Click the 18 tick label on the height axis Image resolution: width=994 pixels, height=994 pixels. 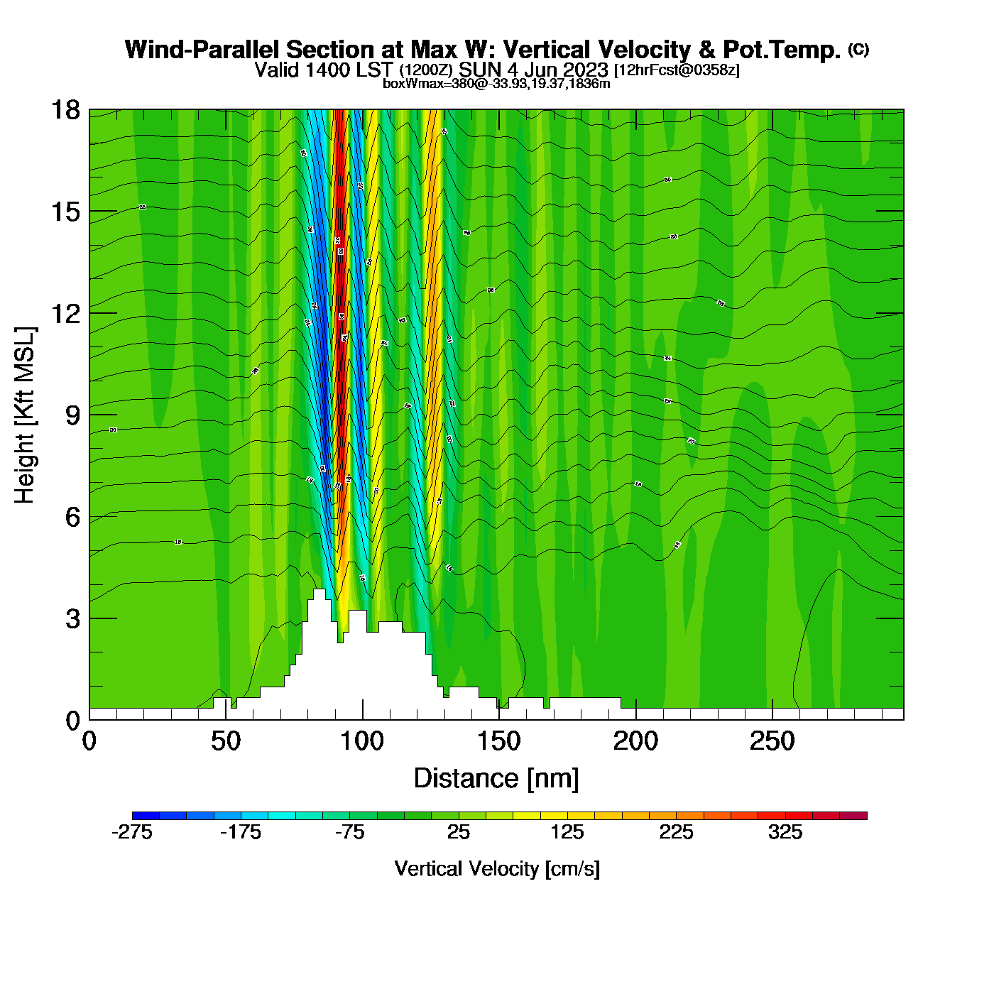(x=65, y=110)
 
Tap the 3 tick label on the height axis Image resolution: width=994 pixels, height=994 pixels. (x=72, y=619)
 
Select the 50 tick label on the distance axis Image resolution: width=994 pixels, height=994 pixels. (x=226, y=742)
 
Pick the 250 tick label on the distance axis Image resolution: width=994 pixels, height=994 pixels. (x=772, y=742)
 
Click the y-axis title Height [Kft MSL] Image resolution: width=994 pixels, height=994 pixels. (x=25, y=415)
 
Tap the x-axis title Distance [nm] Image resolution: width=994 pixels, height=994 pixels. (x=496, y=779)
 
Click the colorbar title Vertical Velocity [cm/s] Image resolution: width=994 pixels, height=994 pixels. (x=497, y=869)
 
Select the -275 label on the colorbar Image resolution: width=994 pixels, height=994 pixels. (x=132, y=833)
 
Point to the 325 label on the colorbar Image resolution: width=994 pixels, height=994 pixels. (x=785, y=833)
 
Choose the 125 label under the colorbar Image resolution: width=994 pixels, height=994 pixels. (x=567, y=833)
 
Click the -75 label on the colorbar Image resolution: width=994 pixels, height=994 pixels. (x=349, y=833)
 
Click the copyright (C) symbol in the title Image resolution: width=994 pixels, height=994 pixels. (x=858, y=49)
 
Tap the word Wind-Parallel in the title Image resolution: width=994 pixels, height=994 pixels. (x=202, y=50)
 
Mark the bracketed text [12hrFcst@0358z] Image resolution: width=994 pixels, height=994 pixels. (x=677, y=70)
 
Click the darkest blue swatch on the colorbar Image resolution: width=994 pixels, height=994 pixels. (x=146, y=816)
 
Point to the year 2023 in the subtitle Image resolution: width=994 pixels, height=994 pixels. (x=585, y=70)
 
